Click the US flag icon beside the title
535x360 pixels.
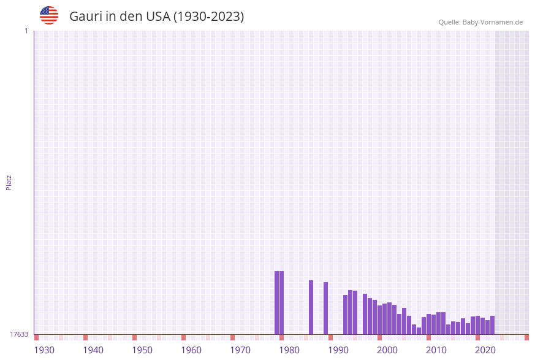point(49,15)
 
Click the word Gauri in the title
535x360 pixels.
point(86,17)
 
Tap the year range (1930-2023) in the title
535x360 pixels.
point(208,17)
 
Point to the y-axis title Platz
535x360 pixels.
point(9,182)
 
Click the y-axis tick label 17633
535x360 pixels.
point(19,334)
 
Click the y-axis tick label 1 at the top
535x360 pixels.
point(26,31)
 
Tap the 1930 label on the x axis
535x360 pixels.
point(44,350)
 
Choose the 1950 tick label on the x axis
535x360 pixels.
point(142,350)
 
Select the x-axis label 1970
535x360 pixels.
point(240,350)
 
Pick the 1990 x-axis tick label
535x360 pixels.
point(338,350)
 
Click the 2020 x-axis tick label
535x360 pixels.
point(485,350)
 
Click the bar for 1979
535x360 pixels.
point(276,303)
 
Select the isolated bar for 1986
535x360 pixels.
point(311,307)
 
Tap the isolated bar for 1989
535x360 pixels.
point(325,308)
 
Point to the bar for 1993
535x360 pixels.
point(345,315)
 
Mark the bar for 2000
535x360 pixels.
point(379,320)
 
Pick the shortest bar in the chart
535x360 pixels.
point(419,331)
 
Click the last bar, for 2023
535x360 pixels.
point(492,325)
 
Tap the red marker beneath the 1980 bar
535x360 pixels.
point(281,337)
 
